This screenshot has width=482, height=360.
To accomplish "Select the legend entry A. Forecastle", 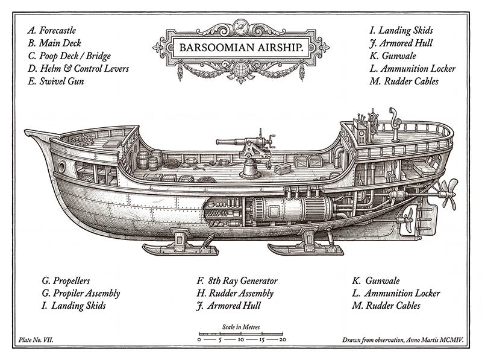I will tap(52, 30).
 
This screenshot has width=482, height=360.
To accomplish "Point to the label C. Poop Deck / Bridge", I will tap(68, 55).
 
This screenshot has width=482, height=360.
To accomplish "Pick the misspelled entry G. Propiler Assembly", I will tap(81, 293).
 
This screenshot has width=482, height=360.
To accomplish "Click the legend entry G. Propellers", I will tap(66, 280).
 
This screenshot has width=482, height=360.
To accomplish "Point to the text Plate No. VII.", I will tap(36, 341).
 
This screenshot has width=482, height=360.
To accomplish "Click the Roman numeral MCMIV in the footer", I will tap(449, 341).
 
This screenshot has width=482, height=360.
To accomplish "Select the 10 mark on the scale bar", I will tap(240, 340).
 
